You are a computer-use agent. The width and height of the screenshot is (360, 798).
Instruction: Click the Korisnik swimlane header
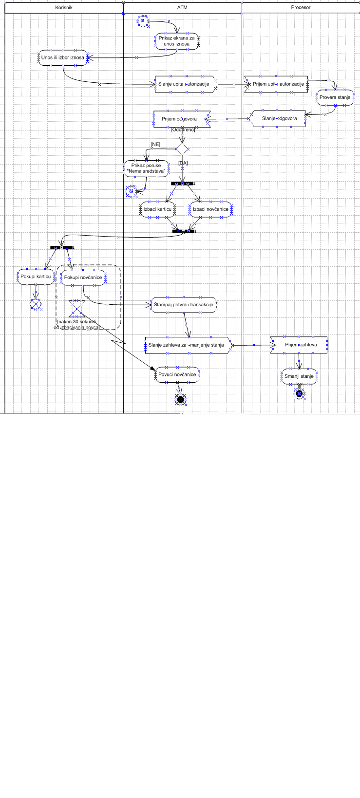tap(64, 8)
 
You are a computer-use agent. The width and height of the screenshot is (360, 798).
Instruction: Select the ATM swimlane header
tap(182, 8)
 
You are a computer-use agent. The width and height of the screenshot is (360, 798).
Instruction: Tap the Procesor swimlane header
tap(301, 8)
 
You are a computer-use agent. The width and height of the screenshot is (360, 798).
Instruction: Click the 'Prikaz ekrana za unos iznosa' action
tap(176, 41)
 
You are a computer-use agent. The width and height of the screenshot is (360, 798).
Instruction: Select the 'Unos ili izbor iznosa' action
tap(63, 57)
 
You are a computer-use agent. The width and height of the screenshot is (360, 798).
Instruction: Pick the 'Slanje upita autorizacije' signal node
tap(184, 84)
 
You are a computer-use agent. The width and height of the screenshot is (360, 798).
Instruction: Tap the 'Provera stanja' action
tap(335, 97)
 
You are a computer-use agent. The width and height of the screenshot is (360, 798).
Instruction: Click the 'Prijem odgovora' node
tap(180, 119)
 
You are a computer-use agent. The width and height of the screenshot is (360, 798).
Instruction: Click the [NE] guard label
tap(155, 145)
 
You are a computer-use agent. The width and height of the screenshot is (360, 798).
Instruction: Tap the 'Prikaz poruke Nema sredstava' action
tap(146, 168)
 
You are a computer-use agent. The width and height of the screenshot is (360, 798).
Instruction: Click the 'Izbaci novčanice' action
tap(210, 209)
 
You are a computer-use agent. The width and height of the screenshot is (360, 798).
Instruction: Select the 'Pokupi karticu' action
tap(36, 277)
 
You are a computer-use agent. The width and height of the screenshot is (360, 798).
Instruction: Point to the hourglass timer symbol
tap(76, 308)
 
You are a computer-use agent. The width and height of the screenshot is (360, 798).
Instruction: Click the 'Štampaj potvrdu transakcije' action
tap(184, 305)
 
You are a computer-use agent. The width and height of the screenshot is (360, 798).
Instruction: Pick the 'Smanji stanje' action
tap(299, 376)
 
